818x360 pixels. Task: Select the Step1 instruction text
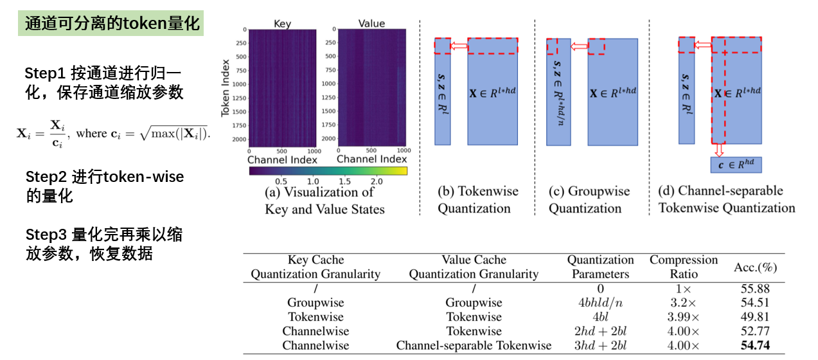click(x=104, y=82)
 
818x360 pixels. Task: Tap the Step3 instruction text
click(x=104, y=244)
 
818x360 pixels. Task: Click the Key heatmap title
click(x=282, y=23)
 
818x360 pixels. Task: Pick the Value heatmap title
click(x=371, y=23)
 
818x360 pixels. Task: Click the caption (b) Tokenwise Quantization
click(x=477, y=199)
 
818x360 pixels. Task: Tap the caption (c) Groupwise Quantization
click(x=589, y=199)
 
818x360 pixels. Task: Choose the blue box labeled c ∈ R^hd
click(x=736, y=165)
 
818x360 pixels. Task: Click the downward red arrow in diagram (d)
click(x=719, y=150)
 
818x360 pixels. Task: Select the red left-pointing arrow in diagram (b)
click(x=459, y=46)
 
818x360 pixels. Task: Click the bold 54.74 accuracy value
click(x=754, y=346)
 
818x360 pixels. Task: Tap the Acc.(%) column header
click(x=754, y=267)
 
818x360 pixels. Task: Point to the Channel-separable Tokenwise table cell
click(x=474, y=346)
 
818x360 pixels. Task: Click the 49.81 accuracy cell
click(x=754, y=317)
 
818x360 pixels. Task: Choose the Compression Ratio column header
click(x=683, y=267)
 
